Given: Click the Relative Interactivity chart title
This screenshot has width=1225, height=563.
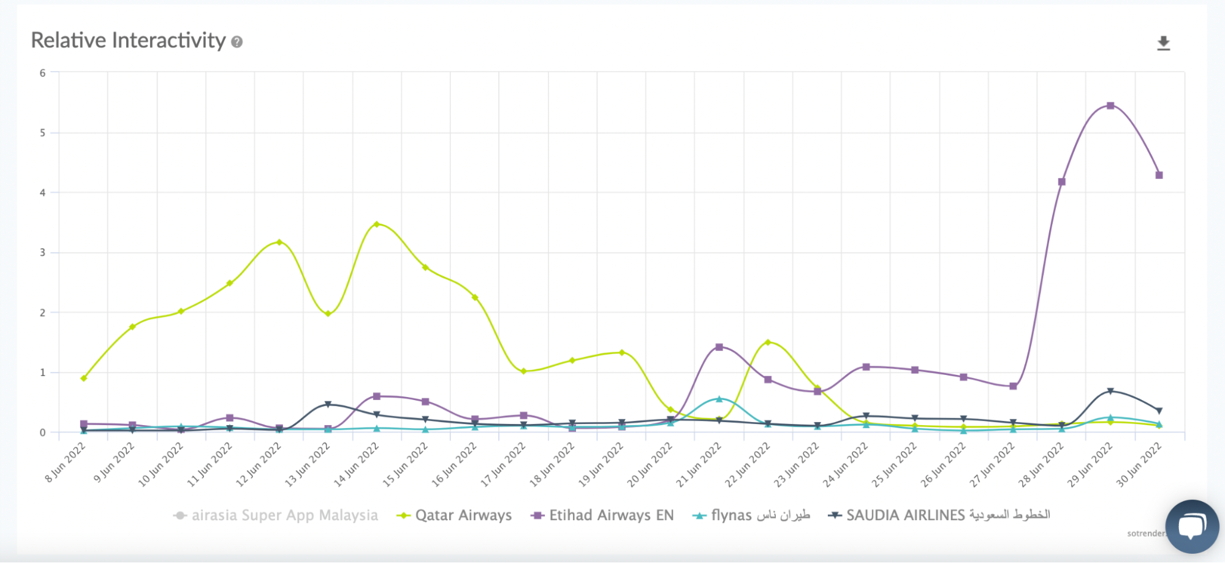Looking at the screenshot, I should click(x=128, y=40).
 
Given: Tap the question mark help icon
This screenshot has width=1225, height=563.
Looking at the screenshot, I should click(x=237, y=42).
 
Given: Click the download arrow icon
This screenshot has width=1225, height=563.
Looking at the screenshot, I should click(x=1163, y=43).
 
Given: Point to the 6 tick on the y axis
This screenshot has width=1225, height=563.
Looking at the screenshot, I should click(x=42, y=73).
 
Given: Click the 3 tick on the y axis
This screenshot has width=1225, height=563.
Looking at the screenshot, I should click(x=42, y=252).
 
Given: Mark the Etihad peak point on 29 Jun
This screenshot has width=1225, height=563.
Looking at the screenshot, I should click(x=1110, y=105).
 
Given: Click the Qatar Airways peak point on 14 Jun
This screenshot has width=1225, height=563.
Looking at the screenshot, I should click(x=376, y=224).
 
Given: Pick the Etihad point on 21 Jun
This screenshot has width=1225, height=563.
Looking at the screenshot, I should click(x=719, y=347).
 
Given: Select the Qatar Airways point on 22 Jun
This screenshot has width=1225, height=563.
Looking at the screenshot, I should click(x=768, y=342).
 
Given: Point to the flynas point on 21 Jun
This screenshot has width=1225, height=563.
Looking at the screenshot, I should click(x=719, y=399).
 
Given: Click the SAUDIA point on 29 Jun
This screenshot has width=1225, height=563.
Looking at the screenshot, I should click(x=1110, y=391).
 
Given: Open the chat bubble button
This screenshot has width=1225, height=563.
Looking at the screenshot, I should click(x=1192, y=526).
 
